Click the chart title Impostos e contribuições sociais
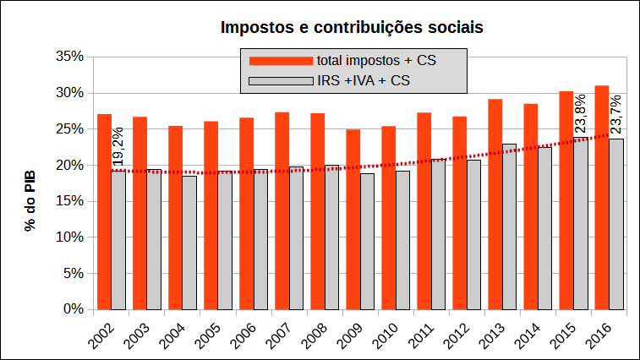point(351,27)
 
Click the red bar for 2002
point(104,211)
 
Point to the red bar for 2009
point(353,220)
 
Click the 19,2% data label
point(118,145)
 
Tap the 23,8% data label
point(580,114)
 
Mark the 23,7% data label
point(615,114)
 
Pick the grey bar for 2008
point(331,237)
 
